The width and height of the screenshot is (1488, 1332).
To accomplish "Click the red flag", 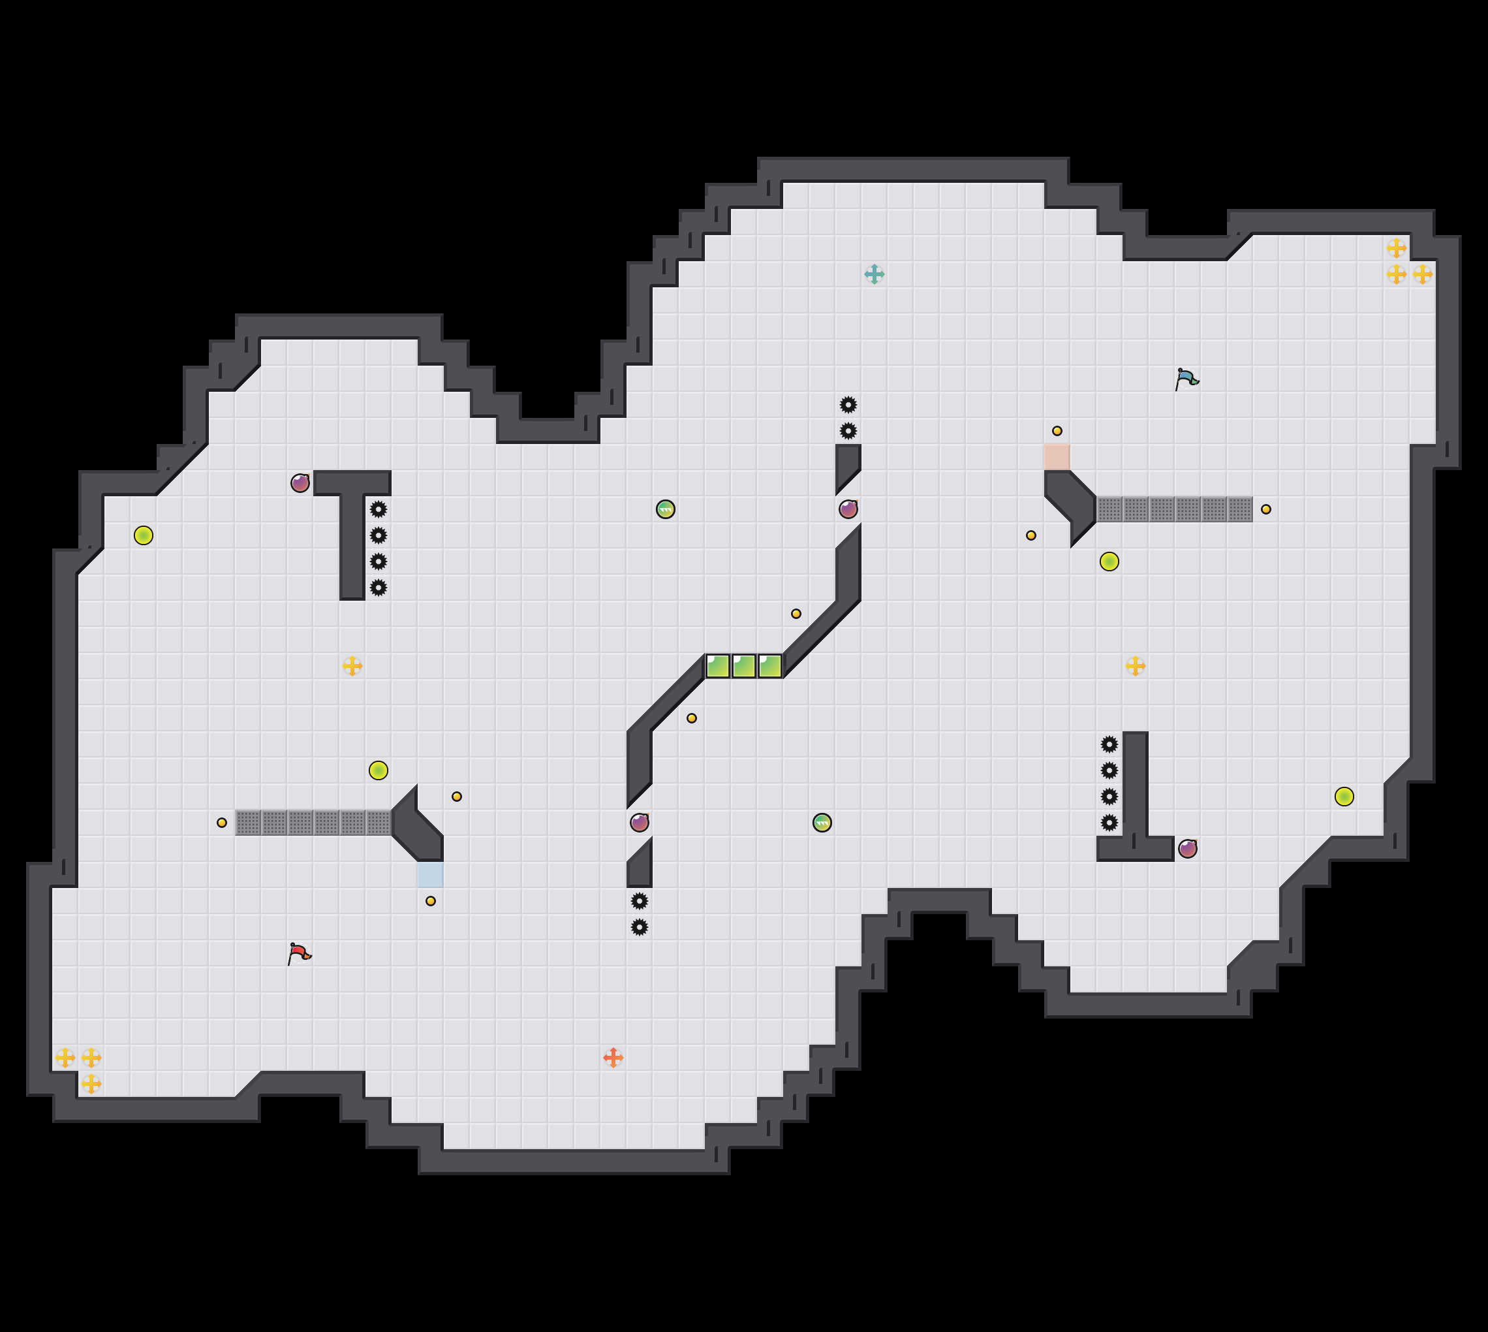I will click(x=299, y=953).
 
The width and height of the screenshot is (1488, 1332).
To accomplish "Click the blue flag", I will click(x=1186, y=378).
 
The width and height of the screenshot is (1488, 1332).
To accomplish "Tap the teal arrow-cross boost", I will click(x=875, y=274).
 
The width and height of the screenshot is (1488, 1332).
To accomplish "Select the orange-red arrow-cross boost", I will click(x=613, y=1058).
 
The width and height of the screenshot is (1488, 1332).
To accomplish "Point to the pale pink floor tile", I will click(x=1057, y=456).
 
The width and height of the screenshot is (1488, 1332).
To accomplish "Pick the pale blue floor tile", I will click(x=430, y=874).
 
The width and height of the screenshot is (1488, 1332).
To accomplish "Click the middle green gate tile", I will click(x=744, y=666).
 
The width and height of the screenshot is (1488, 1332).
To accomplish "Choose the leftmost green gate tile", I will click(x=718, y=666).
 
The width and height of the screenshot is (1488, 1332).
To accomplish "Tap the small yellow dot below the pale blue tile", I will click(x=430, y=901).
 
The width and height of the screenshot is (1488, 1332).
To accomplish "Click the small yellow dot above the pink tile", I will click(x=1057, y=431).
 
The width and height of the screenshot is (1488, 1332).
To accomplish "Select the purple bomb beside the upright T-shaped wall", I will click(x=300, y=483).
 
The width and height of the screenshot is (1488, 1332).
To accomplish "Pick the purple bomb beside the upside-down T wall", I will click(x=1187, y=849).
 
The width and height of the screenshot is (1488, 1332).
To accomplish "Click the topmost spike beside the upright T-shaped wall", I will click(x=379, y=509).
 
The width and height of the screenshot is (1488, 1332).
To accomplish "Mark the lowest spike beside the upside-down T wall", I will click(x=1109, y=823).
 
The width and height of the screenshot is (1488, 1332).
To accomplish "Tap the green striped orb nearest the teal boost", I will click(x=665, y=509).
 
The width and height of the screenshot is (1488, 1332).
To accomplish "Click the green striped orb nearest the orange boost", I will click(x=822, y=823).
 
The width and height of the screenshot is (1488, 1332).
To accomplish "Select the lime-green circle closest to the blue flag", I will click(x=1109, y=562).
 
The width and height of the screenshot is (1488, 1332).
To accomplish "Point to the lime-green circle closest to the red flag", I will click(x=379, y=770).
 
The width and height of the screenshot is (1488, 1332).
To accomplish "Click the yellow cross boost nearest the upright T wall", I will click(x=352, y=666).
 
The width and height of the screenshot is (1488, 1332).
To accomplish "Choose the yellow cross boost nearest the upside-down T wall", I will click(x=1136, y=666).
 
